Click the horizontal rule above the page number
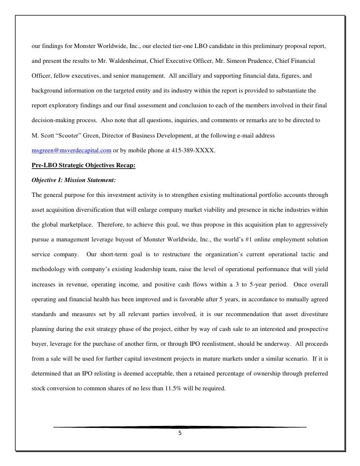tap(180, 426)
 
